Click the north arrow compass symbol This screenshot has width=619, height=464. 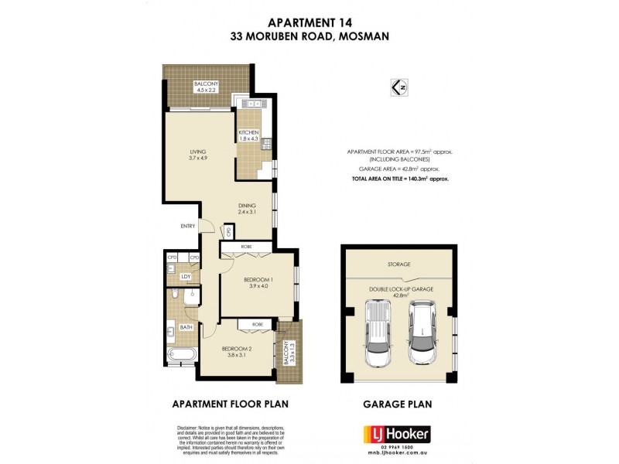tap(400, 87)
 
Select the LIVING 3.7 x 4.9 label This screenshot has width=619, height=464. tap(199, 155)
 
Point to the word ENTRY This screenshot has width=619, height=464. tap(188, 226)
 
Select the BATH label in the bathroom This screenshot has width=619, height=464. tap(186, 328)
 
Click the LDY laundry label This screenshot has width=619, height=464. tap(186, 276)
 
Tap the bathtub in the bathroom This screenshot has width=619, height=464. tap(183, 356)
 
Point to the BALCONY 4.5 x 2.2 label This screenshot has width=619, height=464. tap(206, 86)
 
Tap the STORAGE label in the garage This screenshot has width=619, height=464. tap(399, 264)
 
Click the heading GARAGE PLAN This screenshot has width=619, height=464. tap(398, 403)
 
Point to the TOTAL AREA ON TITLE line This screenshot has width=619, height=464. tap(399, 178)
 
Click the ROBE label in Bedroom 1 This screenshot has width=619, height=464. tap(246, 247)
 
